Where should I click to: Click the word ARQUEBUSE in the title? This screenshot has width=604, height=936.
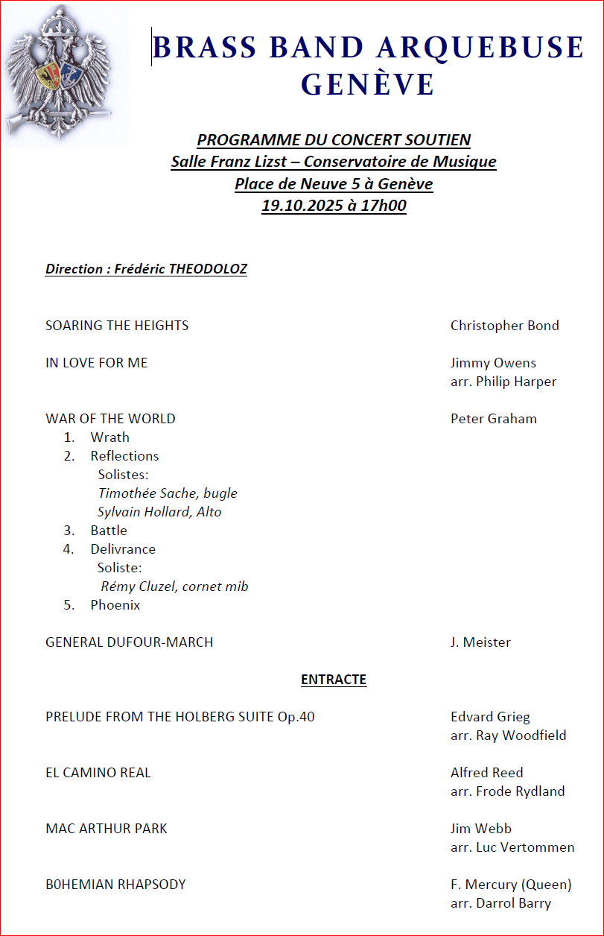pyautogui.click(x=480, y=48)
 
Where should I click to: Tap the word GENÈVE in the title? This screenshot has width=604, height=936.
pyautogui.click(x=368, y=84)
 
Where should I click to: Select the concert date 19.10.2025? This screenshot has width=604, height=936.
pyautogui.click(x=301, y=206)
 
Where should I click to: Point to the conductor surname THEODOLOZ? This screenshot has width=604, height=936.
pyautogui.click(x=204, y=269)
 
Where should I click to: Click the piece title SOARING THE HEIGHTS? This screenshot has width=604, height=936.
pyautogui.click(x=117, y=326)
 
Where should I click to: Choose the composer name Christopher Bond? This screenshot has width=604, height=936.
pyautogui.click(x=504, y=326)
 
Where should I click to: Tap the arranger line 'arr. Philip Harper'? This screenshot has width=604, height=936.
pyautogui.click(x=503, y=382)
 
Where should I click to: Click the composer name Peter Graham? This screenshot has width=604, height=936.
pyautogui.click(x=493, y=419)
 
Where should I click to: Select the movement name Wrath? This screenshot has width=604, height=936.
pyautogui.click(x=110, y=437)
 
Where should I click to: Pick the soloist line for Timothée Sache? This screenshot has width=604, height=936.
pyautogui.click(x=168, y=493)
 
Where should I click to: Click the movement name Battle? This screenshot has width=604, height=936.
pyautogui.click(x=109, y=531)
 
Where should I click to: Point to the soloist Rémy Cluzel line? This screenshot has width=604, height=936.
pyautogui.click(x=174, y=586)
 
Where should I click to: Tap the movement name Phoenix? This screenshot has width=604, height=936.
pyautogui.click(x=115, y=605)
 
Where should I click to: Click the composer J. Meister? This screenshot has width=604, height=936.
pyautogui.click(x=480, y=642)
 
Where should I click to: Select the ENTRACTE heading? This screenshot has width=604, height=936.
pyautogui.click(x=334, y=680)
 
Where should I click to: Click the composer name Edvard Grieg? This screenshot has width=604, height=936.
pyautogui.click(x=490, y=717)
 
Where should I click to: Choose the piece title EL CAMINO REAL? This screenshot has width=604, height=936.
pyautogui.click(x=98, y=773)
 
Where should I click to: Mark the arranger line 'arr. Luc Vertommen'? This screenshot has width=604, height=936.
pyautogui.click(x=512, y=847)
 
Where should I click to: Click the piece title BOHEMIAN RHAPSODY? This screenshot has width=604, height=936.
pyautogui.click(x=115, y=885)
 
